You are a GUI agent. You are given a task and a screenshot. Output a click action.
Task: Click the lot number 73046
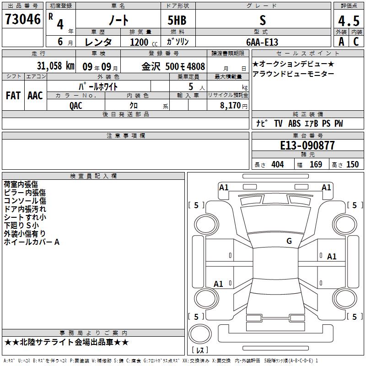tap(22, 19)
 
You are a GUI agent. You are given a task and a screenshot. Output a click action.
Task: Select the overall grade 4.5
tap(349, 21)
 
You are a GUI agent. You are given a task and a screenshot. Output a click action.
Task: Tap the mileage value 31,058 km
tap(55, 66)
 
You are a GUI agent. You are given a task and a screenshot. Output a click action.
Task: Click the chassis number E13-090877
tap(307, 145)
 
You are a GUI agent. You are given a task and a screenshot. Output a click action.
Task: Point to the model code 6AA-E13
tap(262, 42)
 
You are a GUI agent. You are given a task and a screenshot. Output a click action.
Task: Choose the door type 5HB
tap(177, 20)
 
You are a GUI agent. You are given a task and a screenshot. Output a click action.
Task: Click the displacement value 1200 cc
tap(144, 42)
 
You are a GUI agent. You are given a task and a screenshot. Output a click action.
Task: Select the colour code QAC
tap(76, 106)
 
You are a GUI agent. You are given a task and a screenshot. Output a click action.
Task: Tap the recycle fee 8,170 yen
tap(234, 106)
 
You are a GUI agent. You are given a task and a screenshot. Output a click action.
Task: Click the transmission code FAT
tap(13, 96)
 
